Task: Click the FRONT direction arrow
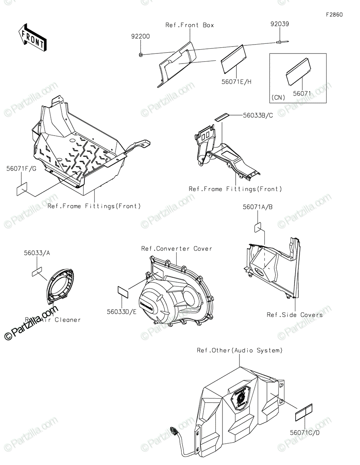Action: pos(33,37)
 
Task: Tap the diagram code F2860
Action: pos(334,15)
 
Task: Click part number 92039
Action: pos(279,24)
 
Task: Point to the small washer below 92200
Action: pos(141,55)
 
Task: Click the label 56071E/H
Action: pos(236,82)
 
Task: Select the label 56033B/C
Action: pos(257,115)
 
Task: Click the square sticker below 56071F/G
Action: pos(22,189)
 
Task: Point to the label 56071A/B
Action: pos(258,207)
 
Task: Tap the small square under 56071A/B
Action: pos(259,227)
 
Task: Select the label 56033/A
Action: pos(40,253)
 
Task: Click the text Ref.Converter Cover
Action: pos(177,248)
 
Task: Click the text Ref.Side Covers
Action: pos(295,315)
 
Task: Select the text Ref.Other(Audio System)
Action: pos(239,350)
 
